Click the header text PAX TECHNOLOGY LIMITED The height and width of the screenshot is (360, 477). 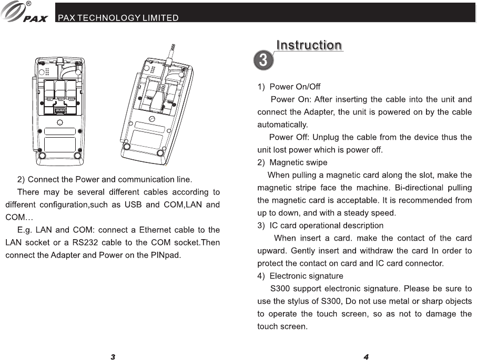pos(118,18)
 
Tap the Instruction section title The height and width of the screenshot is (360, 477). pos(309,46)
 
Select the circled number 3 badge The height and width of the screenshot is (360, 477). pos(263,60)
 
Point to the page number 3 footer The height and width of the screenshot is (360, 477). pos(113,357)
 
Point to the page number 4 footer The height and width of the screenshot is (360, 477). pos(366,357)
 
